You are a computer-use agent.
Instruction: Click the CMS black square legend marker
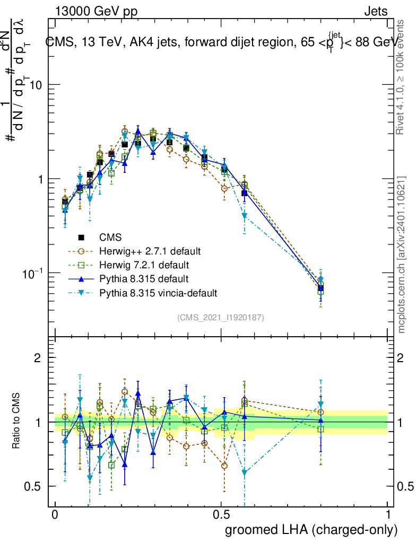(x=81, y=237)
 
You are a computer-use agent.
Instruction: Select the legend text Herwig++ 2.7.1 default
(x=150, y=251)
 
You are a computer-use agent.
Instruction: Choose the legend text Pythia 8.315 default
(x=143, y=278)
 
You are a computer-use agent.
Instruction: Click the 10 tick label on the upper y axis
(x=34, y=85)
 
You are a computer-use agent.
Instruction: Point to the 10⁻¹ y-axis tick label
(x=32, y=273)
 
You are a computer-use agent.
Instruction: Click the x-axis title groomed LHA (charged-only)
(x=312, y=530)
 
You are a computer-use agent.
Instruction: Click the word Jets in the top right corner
(x=375, y=11)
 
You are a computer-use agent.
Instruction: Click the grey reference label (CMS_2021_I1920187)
(x=221, y=318)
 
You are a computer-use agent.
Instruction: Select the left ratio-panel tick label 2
(x=38, y=358)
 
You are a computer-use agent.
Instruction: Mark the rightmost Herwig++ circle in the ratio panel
(x=320, y=412)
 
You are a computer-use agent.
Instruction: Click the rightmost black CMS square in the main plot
(x=320, y=288)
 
